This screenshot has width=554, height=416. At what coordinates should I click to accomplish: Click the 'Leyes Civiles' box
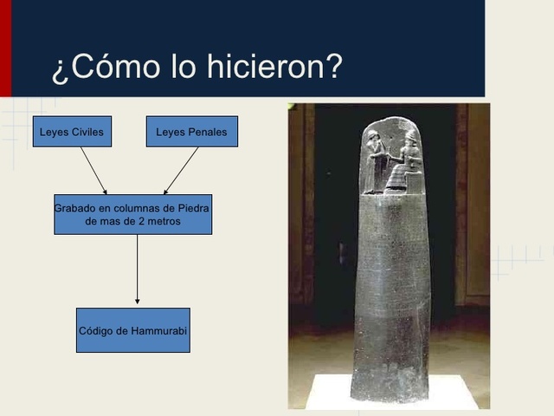tap(72, 132)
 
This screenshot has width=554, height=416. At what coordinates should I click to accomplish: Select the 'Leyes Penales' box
tap(191, 132)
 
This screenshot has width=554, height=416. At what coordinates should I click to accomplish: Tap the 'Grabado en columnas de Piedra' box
tap(132, 215)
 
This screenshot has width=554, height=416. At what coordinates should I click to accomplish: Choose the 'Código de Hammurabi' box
tap(132, 330)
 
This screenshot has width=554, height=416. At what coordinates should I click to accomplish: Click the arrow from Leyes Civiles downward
tap(93, 170)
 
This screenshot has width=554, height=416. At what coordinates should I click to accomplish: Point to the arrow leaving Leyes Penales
tap(182, 170)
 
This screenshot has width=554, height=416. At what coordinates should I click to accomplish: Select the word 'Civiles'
tap(87, 133)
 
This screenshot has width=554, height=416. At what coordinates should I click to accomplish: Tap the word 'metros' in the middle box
tap(163, 222)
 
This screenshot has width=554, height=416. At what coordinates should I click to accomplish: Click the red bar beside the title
tap(5, 48)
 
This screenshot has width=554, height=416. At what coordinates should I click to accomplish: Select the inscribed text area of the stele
tap(390, 286)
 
